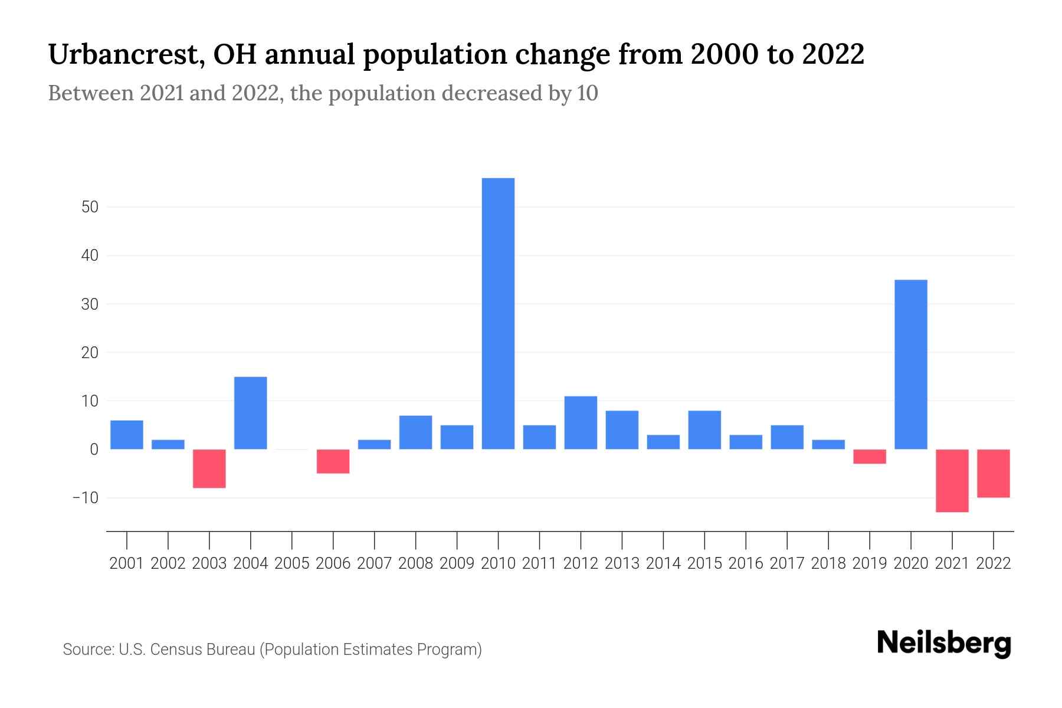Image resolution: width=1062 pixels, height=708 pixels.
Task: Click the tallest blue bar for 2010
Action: click(x=498, y=313)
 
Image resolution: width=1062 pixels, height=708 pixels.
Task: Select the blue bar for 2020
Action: click(x=911, y=364)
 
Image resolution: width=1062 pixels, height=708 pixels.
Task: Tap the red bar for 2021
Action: click(x=952, y=480)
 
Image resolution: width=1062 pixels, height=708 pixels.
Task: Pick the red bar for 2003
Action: click(x=209, y=468)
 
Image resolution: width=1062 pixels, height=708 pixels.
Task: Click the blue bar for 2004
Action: click(x=251, y=412)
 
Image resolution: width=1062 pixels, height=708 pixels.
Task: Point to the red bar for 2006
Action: click(x=333, y=461)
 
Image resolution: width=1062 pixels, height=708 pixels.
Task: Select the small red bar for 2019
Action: click(x=870, y=456)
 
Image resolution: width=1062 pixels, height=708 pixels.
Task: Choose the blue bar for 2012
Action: click(x=581, y=422)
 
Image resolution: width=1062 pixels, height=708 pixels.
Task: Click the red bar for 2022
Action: click(x=994, y=473)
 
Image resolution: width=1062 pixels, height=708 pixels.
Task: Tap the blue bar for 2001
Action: click(x=127, y=434)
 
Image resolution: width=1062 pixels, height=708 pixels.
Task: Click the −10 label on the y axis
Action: click(x=86, y=498)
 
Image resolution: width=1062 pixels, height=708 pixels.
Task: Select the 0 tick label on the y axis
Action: click(x=94, y=450)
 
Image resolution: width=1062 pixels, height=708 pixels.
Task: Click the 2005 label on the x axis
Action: click(x=292, y=563)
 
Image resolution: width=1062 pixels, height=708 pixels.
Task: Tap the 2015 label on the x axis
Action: click(x=704, y=563)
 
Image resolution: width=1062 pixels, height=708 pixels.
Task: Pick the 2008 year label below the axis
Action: click(x=416, y=563)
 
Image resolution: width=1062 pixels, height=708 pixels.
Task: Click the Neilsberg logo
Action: click(x=944, y=643)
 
